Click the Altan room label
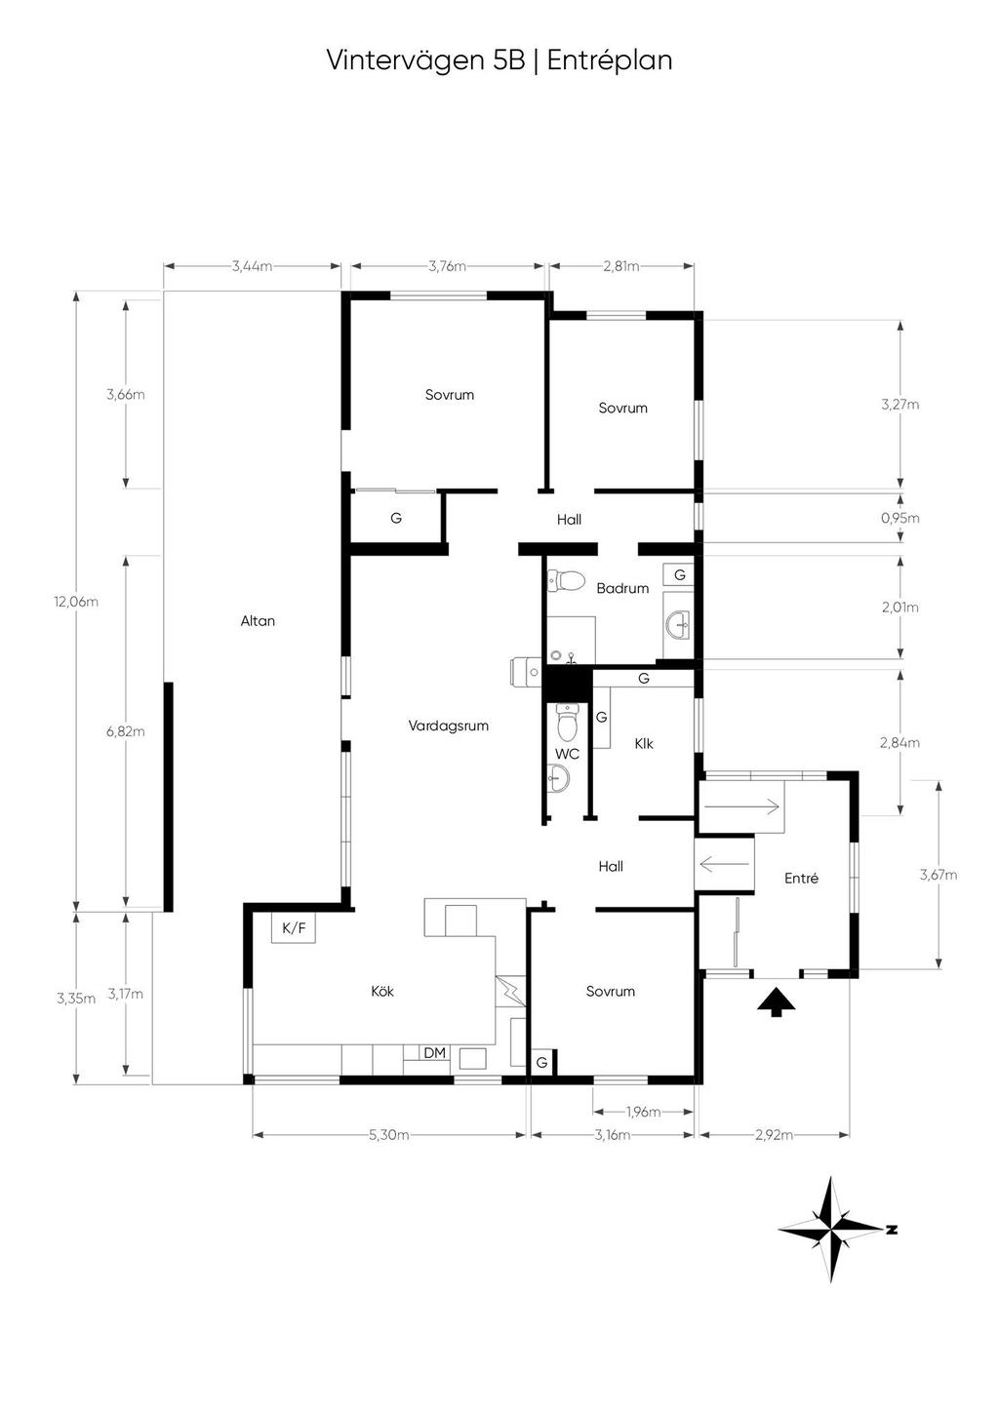tap(258, 621)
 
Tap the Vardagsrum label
tap(448, 726)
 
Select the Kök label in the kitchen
tap(382, 991)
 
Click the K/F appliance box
tap(294, 928)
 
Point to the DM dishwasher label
tap(435, 1053)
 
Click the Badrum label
tap(622, 589)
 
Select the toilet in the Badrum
tap(566, 580)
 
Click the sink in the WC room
tap(558, 779)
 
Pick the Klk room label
tap(644, 744)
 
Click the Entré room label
tap(801, 878)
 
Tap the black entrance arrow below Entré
tap(777, 1001)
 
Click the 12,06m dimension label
tap(76, 602)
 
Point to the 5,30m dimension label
tap(389, 1135)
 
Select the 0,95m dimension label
tap(899, 519)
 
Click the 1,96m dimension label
tap(643, 1112)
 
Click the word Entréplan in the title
tap(609, 60)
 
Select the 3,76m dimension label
tap(448, 266)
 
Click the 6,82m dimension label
tap(126, 731)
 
